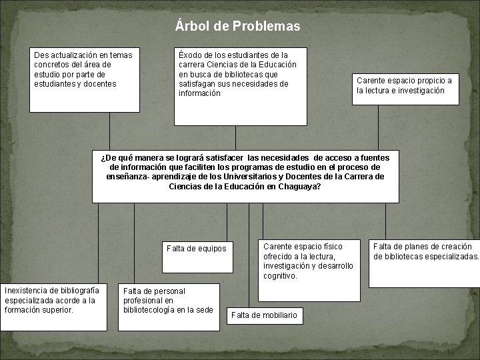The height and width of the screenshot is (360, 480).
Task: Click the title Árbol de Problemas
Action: tap(238, 27)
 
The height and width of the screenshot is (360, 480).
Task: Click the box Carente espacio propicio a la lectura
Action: tap(406, 87)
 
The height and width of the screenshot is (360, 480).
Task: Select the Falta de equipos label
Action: tap(197, 249)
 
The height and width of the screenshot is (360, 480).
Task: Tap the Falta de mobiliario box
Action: tap(265, 315)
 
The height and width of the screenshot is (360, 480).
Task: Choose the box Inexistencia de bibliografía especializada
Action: tap(54, 307)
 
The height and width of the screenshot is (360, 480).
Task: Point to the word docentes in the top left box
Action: tap(97, 84)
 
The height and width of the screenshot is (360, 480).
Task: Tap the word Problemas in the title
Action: tap(267, 27)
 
